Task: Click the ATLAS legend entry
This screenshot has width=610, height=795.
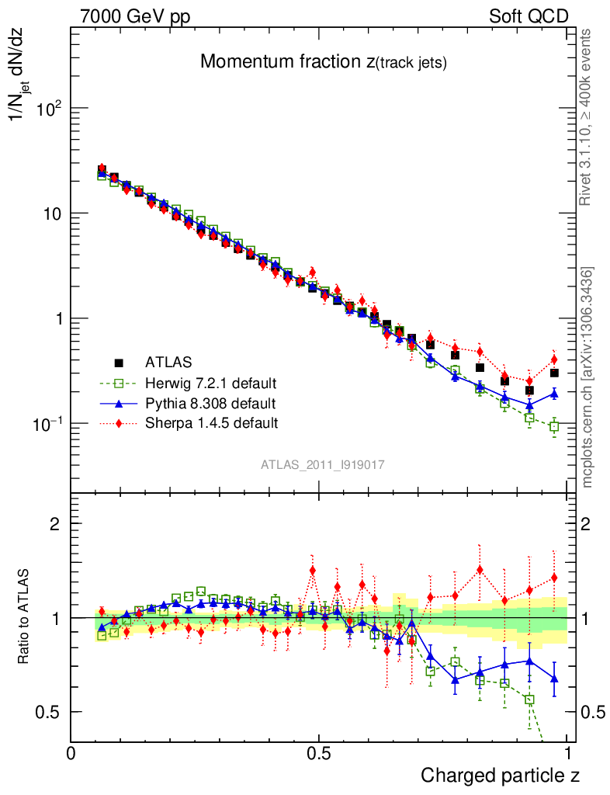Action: pos(167,362)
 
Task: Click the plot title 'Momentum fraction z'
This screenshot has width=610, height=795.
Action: pos(323,62)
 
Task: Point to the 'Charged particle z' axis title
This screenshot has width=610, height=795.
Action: pos(500,774)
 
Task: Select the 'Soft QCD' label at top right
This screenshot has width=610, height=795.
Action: pos(529,16)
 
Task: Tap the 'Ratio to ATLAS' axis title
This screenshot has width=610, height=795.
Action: pos(25,618)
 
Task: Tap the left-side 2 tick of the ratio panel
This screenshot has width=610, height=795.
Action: pos(55,524)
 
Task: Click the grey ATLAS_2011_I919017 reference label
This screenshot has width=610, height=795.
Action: pos(323,464)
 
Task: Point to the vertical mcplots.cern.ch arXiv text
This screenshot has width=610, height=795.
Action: pos(587,377)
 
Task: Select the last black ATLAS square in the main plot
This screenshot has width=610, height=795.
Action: pos(554,373)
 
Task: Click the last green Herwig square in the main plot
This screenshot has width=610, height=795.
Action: pos(554,426)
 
